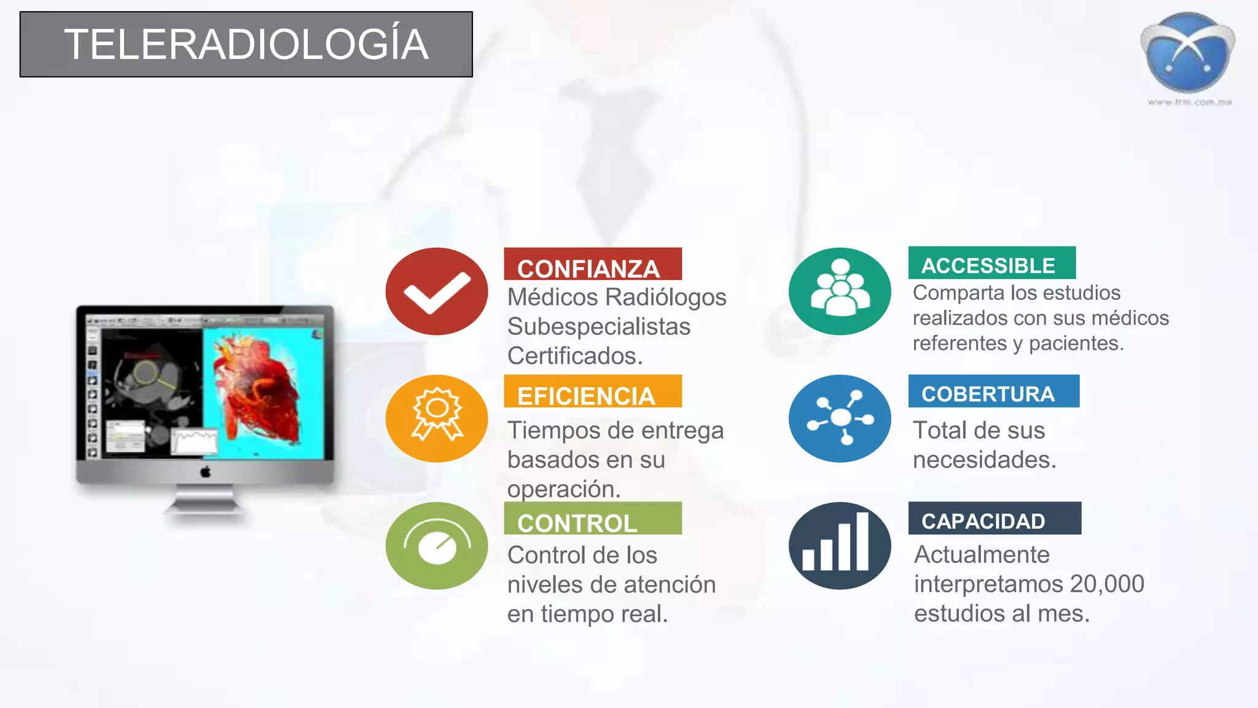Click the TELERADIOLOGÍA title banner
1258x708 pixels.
(x=246, y=44)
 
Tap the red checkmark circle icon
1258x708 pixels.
(x=437, y=291)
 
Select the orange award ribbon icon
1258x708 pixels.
(x=437, y=418)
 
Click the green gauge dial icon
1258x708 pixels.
(x=437, y=545)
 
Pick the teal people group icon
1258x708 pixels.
(x=840, y=291)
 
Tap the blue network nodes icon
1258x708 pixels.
(x=840, y=418)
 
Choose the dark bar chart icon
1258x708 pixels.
(x=840, y=545)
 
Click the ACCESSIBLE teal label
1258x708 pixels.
(x=991, y=264)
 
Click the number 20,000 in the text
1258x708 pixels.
(x=1106, y=584)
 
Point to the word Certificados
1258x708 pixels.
(x=575, y=356)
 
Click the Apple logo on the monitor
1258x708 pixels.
(x=206, y=472)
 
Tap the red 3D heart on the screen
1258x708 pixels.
(x=261, y=393)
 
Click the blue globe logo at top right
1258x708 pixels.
(x=1187, y=52)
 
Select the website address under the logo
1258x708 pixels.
(x=1190, y=102)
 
